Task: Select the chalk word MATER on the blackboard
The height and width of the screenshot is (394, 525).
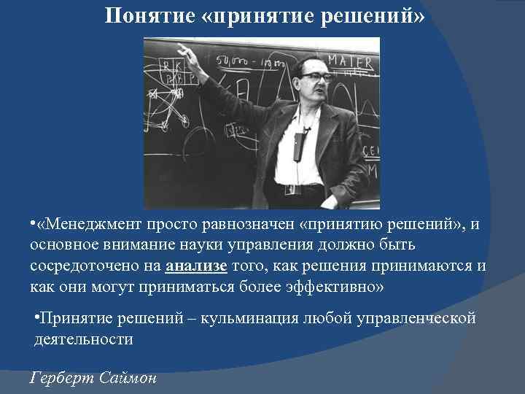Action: [x=351, y=61]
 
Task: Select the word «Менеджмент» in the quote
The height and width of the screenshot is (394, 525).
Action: [x=96, y=224]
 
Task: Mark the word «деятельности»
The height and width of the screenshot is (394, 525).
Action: [x=84, y=339]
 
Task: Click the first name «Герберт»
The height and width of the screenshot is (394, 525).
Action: [x=61, y=378]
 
